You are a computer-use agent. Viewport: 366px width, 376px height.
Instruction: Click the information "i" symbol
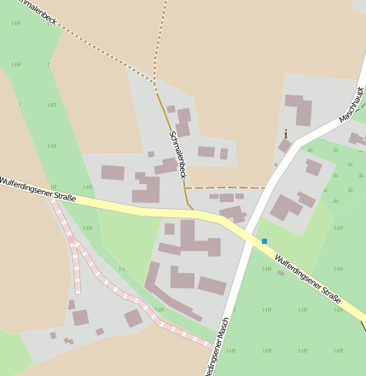(x=285, y=134)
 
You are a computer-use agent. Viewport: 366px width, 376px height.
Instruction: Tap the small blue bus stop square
(x=264, y=241)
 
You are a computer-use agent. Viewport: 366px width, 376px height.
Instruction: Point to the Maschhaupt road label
(x=351, y=103)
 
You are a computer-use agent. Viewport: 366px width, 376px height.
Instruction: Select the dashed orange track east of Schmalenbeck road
(x=226, y=188)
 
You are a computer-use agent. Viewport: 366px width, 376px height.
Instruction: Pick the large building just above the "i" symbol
(x=298, y=110)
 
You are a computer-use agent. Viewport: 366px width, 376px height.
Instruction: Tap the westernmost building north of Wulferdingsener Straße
(x=113, y=173)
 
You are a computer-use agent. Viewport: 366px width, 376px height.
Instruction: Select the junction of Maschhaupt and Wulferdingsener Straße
(x=247, y=233)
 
